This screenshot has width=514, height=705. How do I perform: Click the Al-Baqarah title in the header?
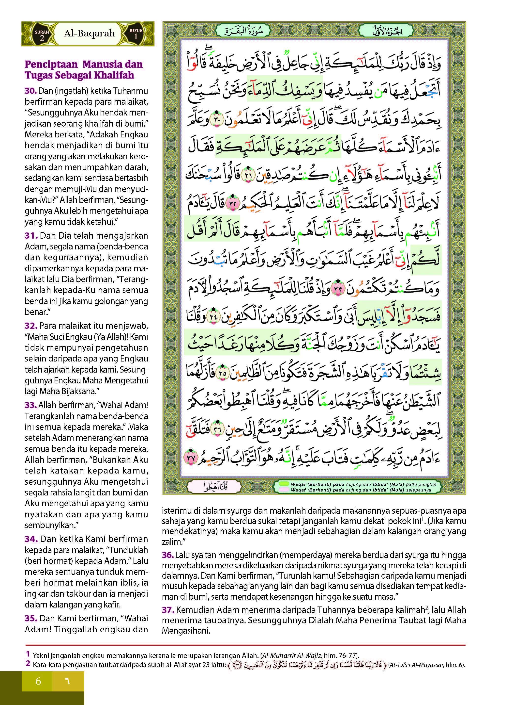[x=89, y=33]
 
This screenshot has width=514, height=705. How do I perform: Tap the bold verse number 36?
[x=168, y=555]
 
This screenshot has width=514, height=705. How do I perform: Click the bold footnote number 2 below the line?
[x=28, y=664]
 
